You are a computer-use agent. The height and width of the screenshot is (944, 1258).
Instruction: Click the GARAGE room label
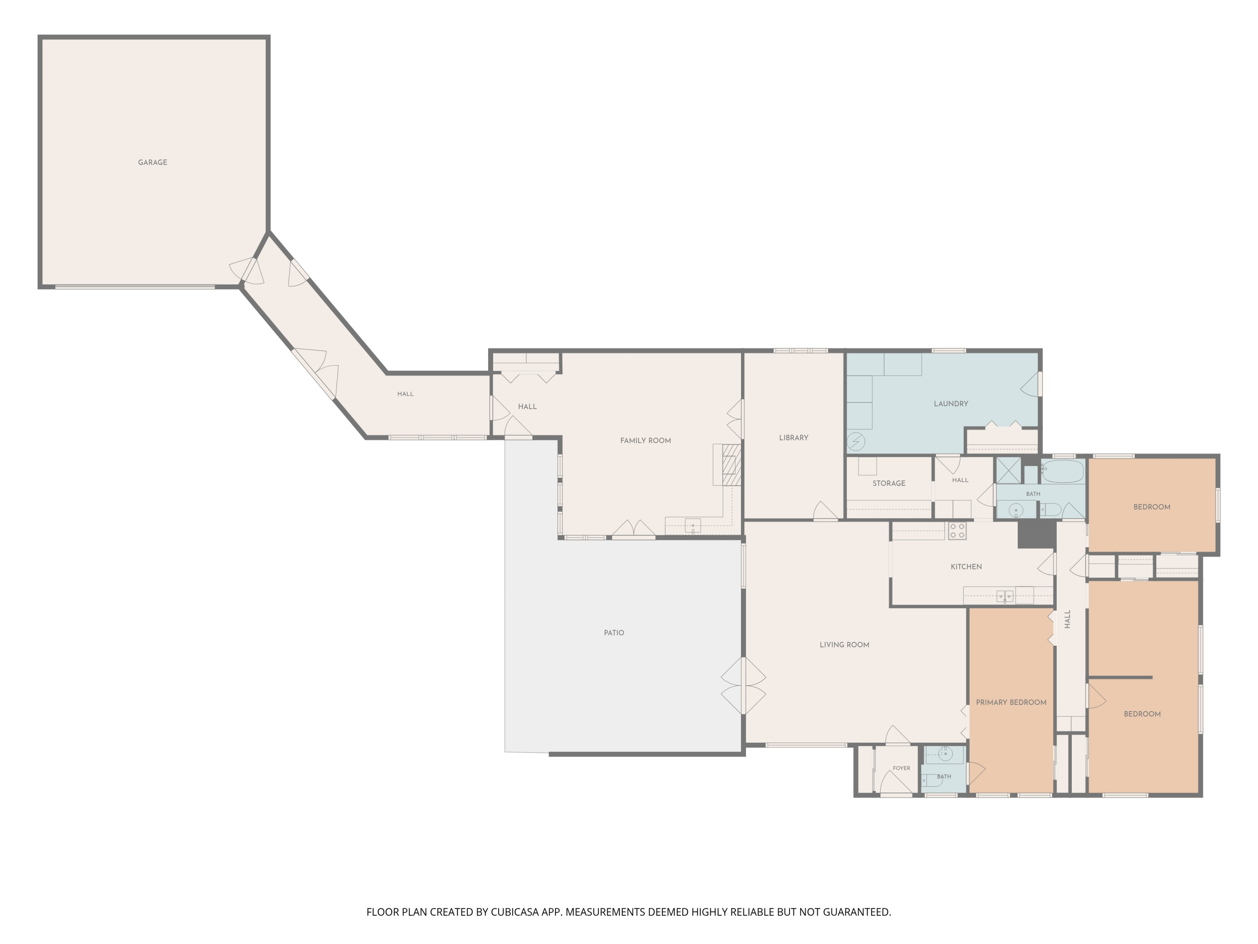point(152,162)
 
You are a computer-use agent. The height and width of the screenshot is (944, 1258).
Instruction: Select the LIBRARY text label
point(793,438)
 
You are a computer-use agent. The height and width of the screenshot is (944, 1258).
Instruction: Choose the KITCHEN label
point(966,567)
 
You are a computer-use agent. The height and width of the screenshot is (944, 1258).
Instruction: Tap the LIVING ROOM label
point(844,645)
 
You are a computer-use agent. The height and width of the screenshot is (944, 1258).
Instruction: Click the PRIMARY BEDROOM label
point(1011,702)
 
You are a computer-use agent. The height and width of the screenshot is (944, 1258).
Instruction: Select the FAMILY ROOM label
point(645,441)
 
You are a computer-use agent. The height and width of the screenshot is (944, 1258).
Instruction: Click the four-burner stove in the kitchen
point(957,531)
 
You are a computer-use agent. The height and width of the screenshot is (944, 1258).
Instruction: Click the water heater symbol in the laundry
point(856,441)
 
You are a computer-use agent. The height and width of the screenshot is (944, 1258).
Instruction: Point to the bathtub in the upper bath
point(1062,471)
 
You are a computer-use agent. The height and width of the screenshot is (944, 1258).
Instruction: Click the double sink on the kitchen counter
point(1004,596)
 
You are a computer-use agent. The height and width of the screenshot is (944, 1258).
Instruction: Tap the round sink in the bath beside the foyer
point(945,754)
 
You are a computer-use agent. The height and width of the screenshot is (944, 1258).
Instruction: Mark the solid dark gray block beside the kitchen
point(1036,535)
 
